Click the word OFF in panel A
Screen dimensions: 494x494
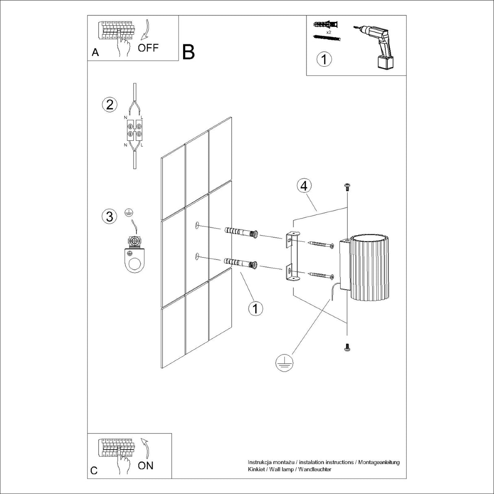coord(148,48)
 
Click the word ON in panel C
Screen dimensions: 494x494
coord(146,466)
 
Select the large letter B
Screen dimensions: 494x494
coord(188,52)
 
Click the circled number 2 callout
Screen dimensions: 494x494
coord(109,105)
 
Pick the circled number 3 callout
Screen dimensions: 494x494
coord(109,216)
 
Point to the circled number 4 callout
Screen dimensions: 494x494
coord(304,186)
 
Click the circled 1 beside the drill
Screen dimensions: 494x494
coord(324,59)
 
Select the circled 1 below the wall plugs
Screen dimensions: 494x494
coord(255,309)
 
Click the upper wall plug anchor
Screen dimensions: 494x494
coord(242,233)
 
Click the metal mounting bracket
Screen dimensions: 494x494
coord(293,256)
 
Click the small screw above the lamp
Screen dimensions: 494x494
coord(347,187)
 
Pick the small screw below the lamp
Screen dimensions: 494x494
coord(347,347)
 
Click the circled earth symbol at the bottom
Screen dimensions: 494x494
coord(283,362)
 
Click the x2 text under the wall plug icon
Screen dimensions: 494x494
coord(328,31)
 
